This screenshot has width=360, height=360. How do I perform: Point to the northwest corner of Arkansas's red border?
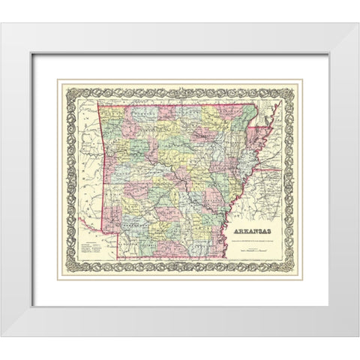pos(106,103)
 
